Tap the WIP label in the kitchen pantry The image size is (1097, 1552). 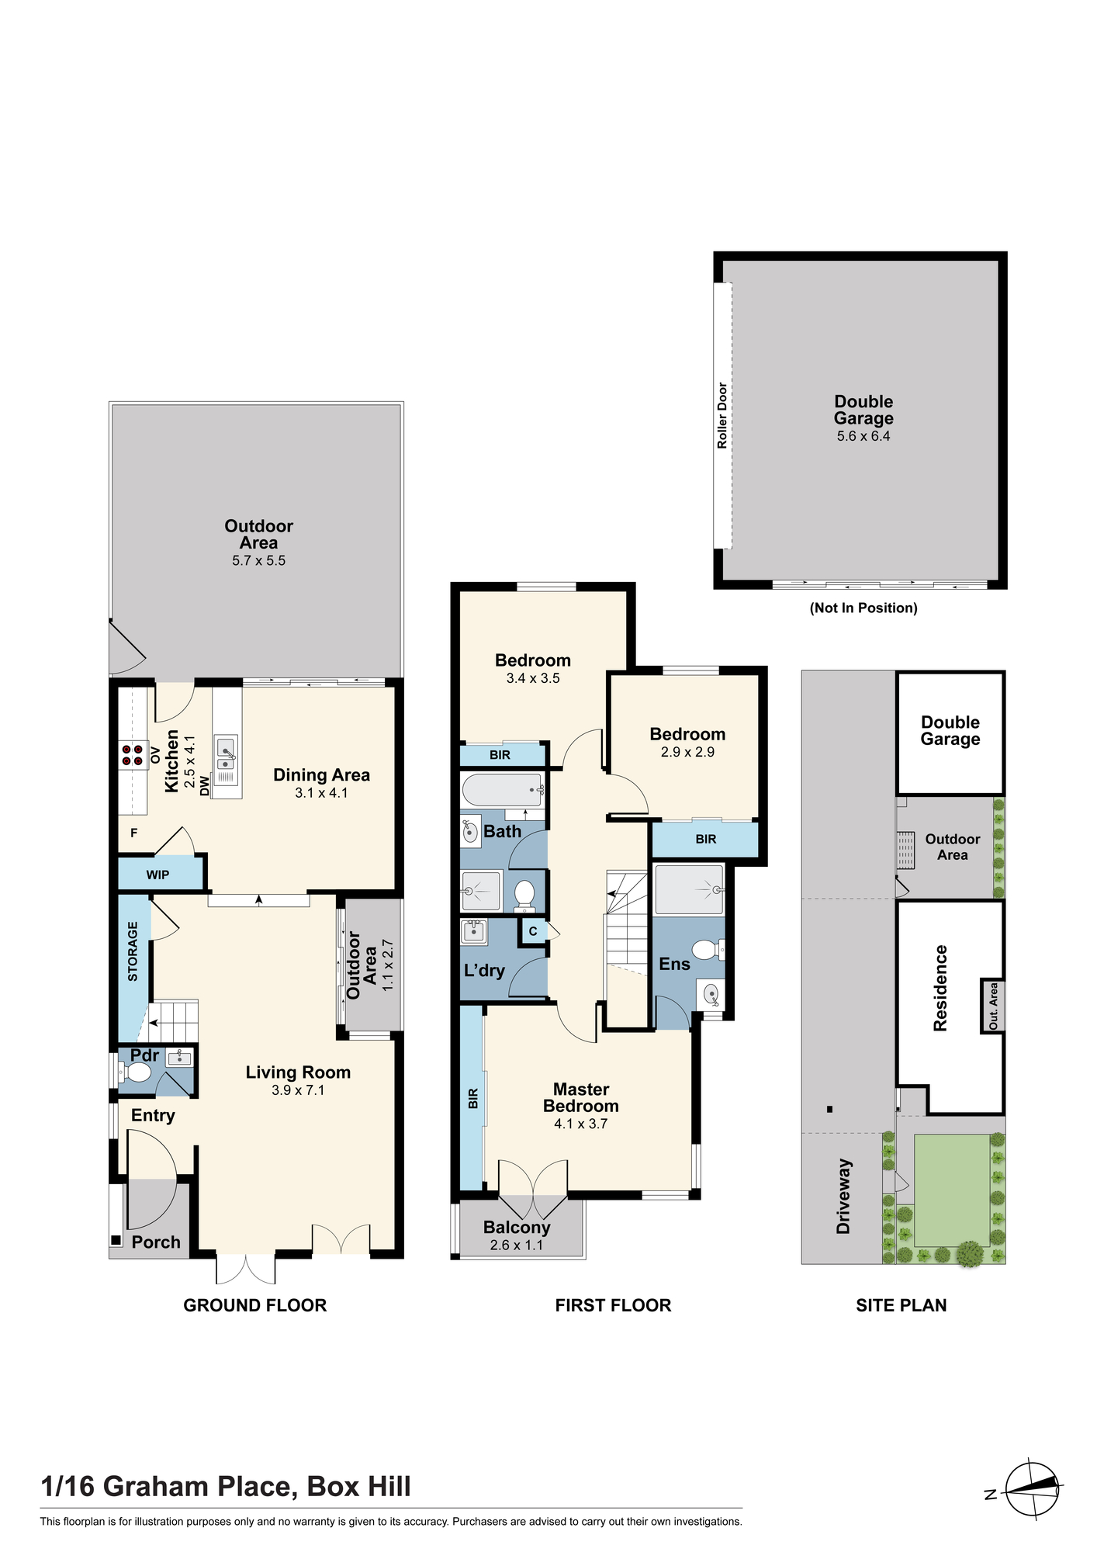[x=157, y=875]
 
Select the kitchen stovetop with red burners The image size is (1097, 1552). [x=133, y=755]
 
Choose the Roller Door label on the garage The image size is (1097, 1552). [x=722, y=415]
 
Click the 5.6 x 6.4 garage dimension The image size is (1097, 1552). [x=863, y=436]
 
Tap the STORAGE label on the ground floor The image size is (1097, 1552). [x=133, y=951]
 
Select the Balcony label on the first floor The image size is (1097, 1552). [x=517, y=1227]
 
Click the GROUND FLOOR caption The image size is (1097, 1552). [x=255, y=1305]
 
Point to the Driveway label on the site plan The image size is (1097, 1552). [x=843, y=1197]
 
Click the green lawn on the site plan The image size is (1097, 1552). [x=952, y=1190]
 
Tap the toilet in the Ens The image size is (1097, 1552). [x=709, y=949]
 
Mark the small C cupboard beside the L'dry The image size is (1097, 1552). [x=533, y=930]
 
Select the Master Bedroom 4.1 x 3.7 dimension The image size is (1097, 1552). [x=580, y=1124]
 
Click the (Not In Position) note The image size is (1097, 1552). [x=863, y=608]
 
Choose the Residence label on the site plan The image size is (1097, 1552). [x=940, y=988]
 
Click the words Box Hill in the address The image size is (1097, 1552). [x=359, y=1485]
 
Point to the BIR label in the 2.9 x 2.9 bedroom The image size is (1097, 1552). [x=706, y=839]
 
